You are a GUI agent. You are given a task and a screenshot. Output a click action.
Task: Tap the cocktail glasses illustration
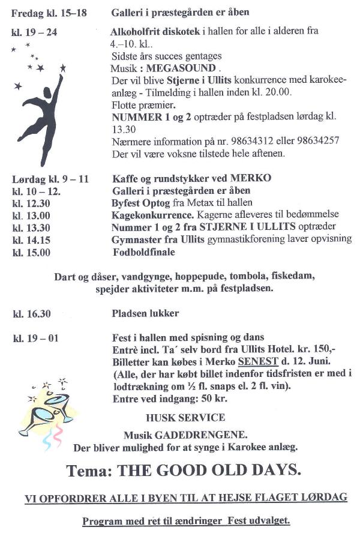point(50,408)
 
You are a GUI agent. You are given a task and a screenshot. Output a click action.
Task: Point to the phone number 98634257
point(318,141)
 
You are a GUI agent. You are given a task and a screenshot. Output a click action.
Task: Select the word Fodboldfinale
point(143,252)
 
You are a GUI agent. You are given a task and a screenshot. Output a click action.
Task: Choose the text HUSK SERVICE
point(185,418)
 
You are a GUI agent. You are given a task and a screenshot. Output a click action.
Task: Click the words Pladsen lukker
point(145,313)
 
